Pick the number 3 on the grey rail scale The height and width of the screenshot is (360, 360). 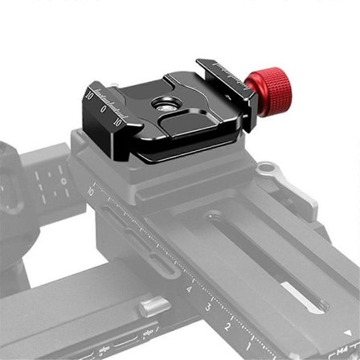pyautogui.click(x=209, y=308)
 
